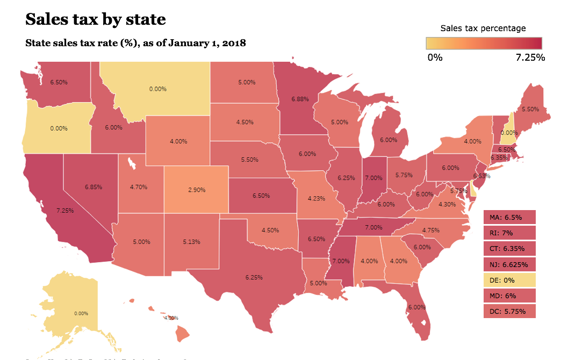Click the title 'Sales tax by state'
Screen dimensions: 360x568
(x=96, y=20)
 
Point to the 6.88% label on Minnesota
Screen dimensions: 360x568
(x=300, y=99)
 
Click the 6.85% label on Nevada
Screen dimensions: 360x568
(x=93, y=186)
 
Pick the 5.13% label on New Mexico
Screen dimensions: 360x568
(x=191, y=242)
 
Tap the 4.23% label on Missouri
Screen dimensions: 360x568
(x=316, y=198)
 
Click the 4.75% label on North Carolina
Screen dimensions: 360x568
(x=430, y=230)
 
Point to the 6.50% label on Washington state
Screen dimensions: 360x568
(x=59, y=82)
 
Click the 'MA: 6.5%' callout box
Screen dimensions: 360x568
(x=509, y=218)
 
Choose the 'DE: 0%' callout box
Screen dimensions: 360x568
(x=509, y=280)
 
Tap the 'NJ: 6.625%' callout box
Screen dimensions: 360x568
(x=509, y=264)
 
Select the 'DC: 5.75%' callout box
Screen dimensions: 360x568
(x=509, y=311)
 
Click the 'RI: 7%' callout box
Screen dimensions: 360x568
(x=509, y=233)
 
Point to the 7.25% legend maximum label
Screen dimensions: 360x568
(x=530, y=57)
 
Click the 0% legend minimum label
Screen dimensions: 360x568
(x=435, y=57)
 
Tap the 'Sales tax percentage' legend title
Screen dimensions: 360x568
(x=483, y=28)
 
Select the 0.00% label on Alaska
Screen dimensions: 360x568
(x=81, y=313)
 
